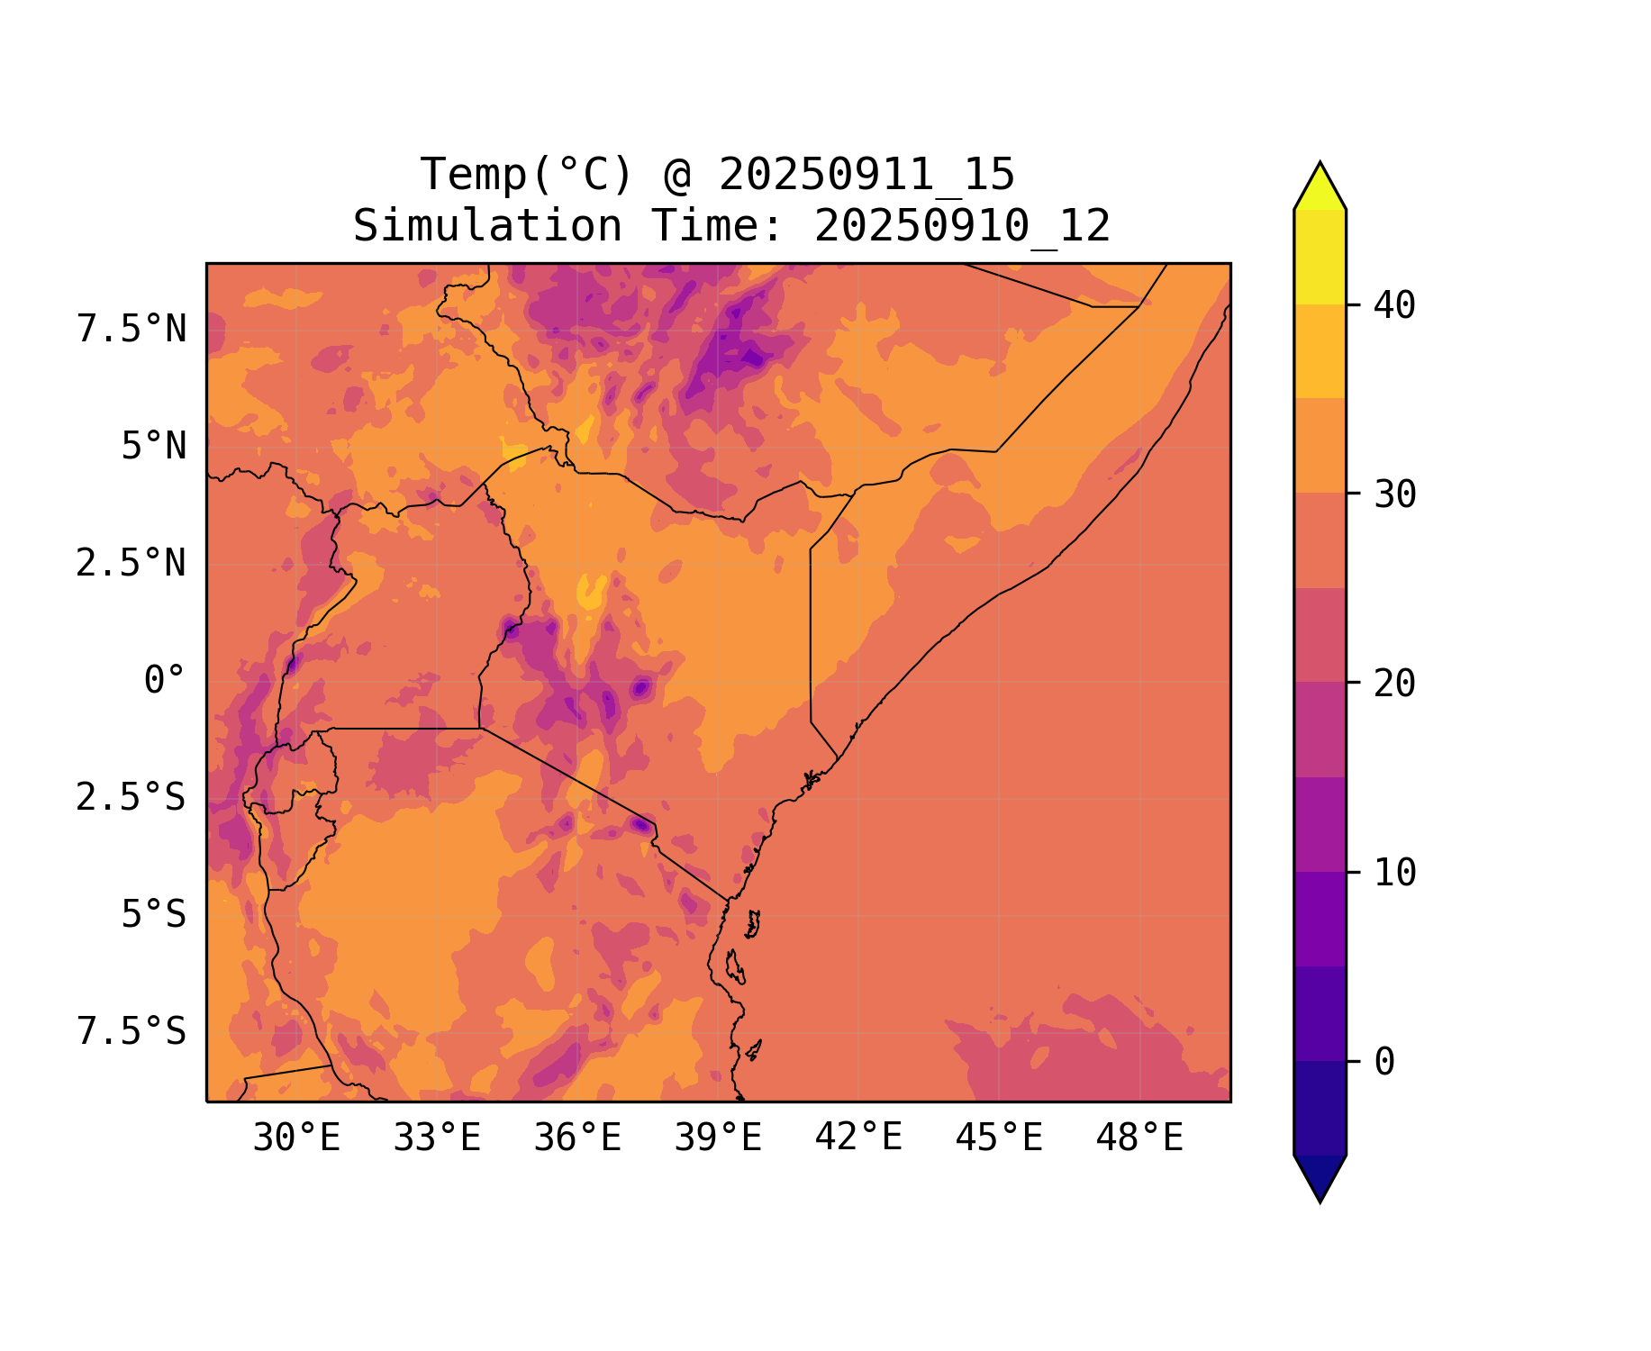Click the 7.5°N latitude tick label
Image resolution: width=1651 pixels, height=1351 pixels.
[x=132, y=330]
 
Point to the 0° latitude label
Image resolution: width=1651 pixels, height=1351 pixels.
[x=164, y=681]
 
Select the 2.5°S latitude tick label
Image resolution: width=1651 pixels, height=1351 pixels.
[x=132, y=798]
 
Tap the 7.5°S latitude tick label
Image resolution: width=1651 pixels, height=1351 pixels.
[x=132, y=1032]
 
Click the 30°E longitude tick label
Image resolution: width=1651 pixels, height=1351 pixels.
[x=296, y=1138]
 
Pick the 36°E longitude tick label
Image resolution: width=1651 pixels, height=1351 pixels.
[x=577, y=1138]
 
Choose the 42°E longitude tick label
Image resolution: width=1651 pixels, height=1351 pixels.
[x=858, y=1138]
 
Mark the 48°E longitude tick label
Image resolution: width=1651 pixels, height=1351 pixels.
[x=1139, y=1138]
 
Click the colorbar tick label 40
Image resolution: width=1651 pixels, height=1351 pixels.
[x=1394, y=305]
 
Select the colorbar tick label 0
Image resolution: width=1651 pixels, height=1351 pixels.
[x=1384, y=1063]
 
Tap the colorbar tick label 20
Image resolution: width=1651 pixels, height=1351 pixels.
[x=1394, y=684]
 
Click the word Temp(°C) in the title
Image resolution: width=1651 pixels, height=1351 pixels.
[x=527, y=175]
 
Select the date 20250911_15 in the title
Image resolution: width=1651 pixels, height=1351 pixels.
[x=866, y=175]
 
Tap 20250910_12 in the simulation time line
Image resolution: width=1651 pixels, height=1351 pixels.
[x=962, y=226]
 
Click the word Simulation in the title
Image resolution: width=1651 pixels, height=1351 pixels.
[x=487, y=226]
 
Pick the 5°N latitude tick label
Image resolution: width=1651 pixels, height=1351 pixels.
[x=153, y=447]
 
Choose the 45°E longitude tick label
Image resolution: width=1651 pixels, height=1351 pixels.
[x=999, y=1138]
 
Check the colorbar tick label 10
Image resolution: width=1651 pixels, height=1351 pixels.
[x=1394, y=873]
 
